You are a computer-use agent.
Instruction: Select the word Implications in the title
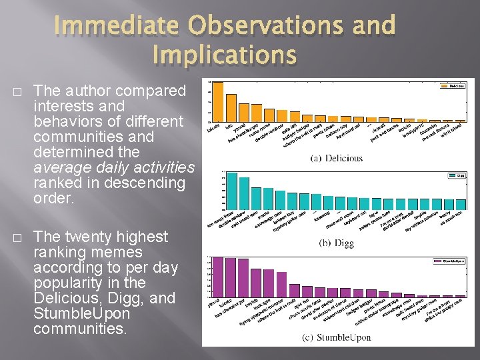(224, 55)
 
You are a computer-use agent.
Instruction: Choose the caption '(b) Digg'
(337, 243)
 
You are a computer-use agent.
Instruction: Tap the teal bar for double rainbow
(244, 193)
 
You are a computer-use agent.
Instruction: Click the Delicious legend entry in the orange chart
(455, 85)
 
